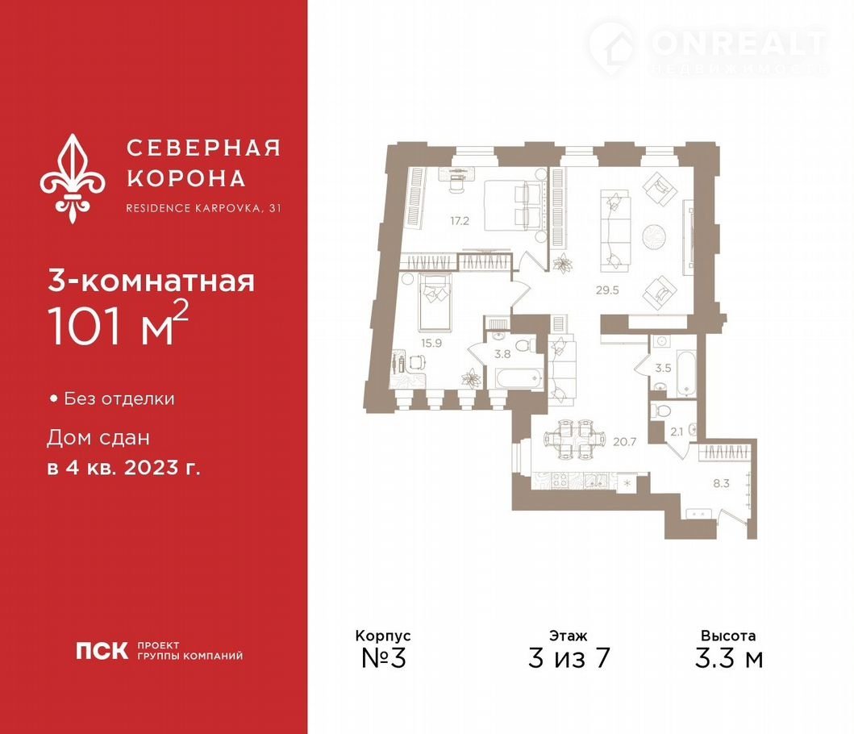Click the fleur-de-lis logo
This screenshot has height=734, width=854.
tap(73, 179)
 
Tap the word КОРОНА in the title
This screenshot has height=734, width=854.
tap(186, 179)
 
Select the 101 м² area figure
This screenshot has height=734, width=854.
tap(119, 324)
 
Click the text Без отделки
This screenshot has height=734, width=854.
tap(119, 398)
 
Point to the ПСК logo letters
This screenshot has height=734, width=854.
tap(102, 651)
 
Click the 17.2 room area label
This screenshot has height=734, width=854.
tap(460, 221)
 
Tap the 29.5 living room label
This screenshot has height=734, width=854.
tap(607, 290)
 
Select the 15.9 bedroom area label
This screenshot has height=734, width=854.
tap(431, 344)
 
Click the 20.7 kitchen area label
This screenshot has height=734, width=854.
tap(625, 442)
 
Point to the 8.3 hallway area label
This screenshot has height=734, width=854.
tap(721, 483)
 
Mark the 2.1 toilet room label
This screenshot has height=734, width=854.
tap(677, 432)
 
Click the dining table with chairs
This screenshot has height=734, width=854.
tap(574, 438)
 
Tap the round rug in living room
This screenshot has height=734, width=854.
tap(653, 237)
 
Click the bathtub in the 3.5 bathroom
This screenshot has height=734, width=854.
tap(686, 367)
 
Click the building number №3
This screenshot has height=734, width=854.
tap(384, 658)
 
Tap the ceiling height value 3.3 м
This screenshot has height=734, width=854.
tap(729, 658)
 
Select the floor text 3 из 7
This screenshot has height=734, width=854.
tap(569, 658)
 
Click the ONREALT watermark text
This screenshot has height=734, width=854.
tap(738, 44)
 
